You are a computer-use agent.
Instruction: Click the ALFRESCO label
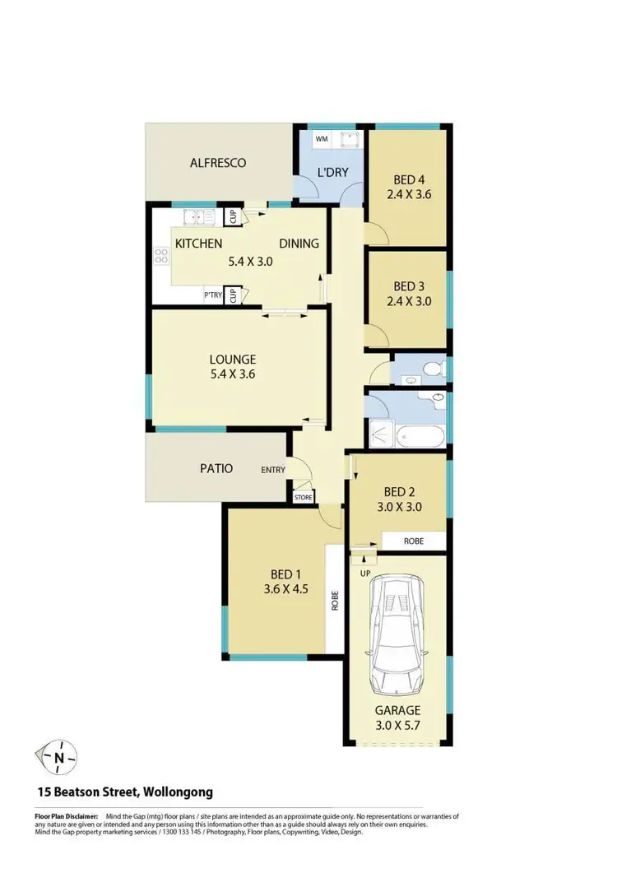218,163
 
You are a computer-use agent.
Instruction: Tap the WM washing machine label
321,139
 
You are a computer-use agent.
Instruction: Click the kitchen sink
200,218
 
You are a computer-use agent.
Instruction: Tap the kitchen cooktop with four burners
160,257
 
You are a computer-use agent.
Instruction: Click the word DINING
299,244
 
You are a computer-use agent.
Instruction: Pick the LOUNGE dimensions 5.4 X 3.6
233,374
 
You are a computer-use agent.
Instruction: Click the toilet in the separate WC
435,367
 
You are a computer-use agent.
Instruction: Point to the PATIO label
216,468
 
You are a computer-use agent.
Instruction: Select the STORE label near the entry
304,497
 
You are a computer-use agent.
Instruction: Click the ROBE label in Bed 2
414,541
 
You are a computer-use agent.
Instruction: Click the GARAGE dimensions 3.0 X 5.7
398,725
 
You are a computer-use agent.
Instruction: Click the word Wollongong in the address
179,792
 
